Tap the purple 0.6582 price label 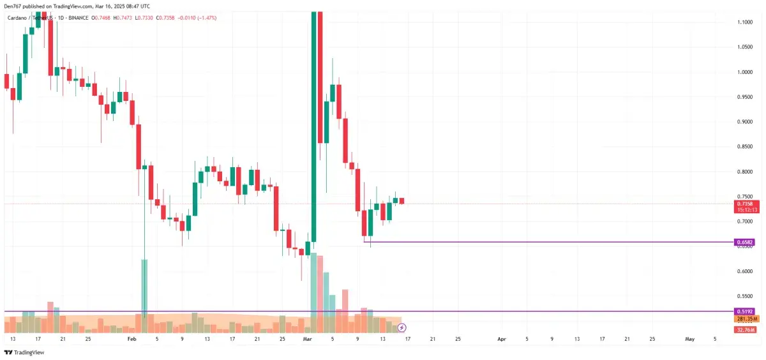click(745, 243)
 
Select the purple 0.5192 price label click(745, 311)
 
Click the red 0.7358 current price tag click(745, 204)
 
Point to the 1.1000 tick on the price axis click(744, 22)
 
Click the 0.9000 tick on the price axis click(744, 121)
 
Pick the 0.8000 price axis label click(744, 172)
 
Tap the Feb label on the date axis click(132, 338)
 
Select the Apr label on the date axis click(502, 338)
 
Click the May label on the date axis click(690, 338)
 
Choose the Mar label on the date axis click(308, 338)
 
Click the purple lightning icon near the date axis click(402, 327)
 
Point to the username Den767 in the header click(14, 6)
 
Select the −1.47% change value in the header click(205, 18)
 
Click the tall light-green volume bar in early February click(144, 287)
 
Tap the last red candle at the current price click(402, 201)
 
